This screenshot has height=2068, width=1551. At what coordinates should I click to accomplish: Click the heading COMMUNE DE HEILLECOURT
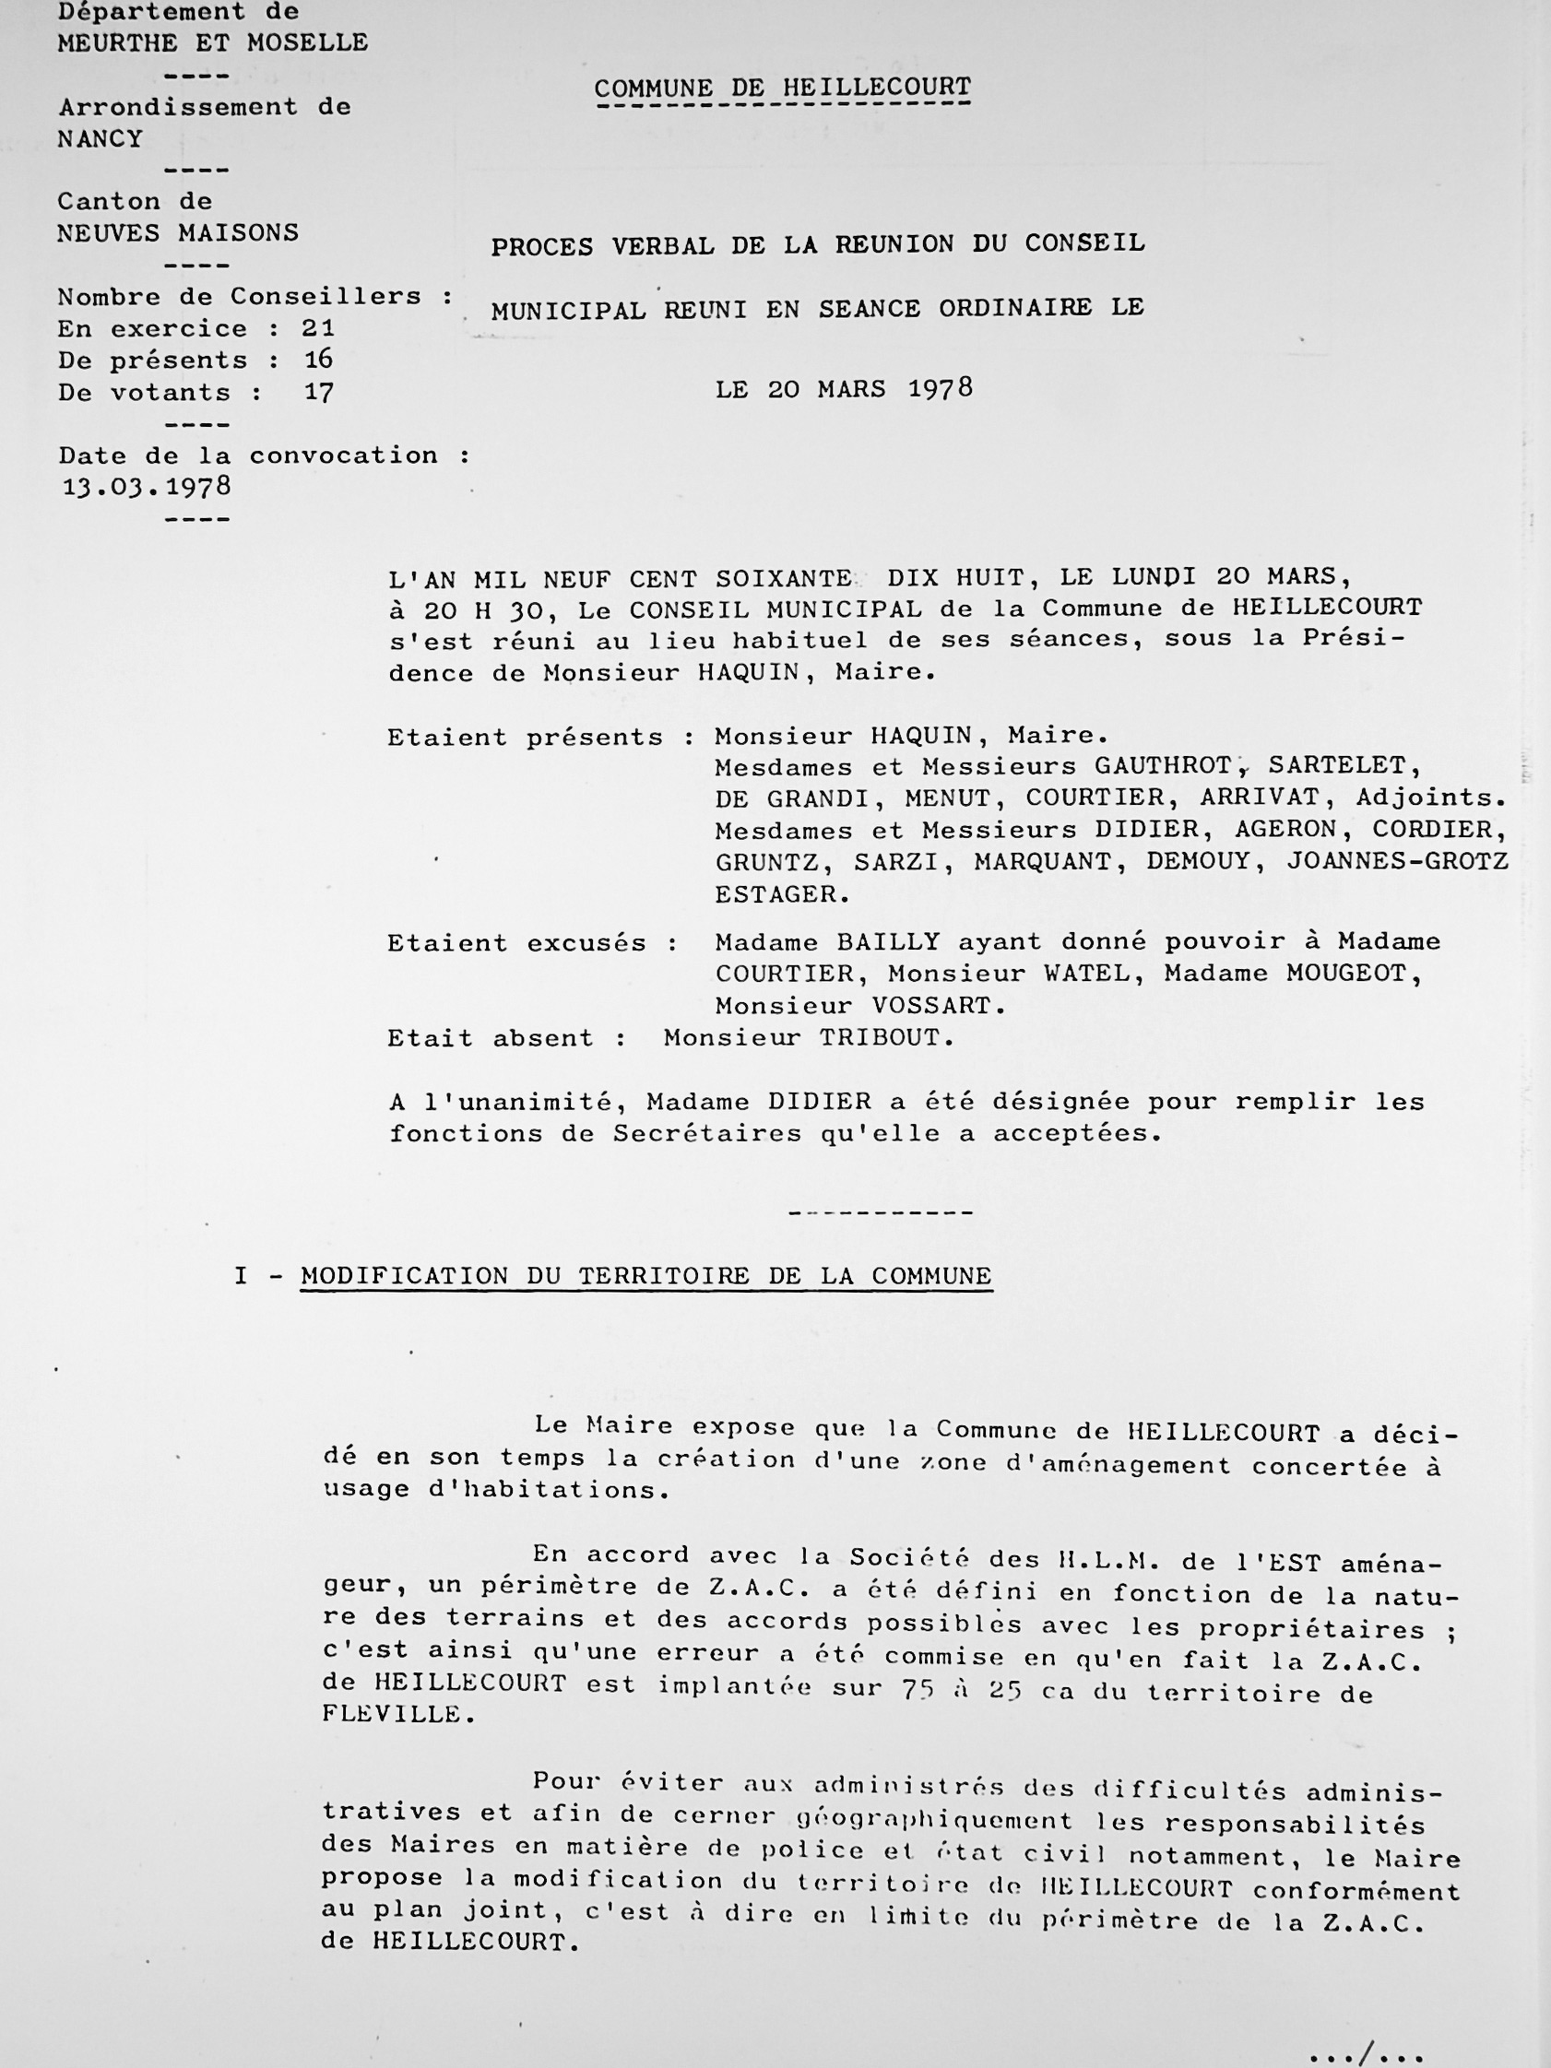783,88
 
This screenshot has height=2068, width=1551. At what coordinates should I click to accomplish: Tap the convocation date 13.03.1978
146,487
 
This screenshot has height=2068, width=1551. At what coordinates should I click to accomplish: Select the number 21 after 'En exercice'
318,328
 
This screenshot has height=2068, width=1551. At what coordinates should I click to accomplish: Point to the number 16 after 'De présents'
319,360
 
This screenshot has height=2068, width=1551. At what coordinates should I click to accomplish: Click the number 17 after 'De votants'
319,393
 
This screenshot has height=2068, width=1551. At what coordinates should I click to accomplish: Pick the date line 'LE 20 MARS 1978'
845,389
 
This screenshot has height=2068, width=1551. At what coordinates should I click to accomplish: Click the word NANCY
100,139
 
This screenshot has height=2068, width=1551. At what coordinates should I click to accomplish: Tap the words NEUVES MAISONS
178,232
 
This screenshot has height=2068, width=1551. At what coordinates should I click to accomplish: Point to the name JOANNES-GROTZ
1398,861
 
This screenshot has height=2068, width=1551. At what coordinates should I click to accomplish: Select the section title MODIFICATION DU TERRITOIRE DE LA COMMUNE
646,1276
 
